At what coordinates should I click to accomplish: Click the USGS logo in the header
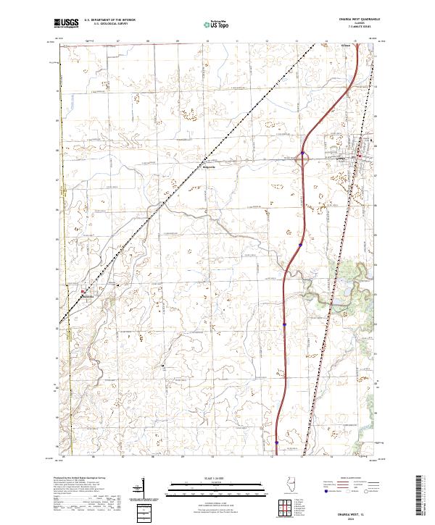[66, 23]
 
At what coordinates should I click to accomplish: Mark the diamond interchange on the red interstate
[303, 157]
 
